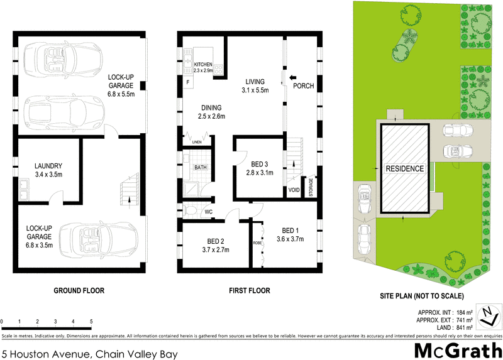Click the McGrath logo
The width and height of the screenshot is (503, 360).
457,350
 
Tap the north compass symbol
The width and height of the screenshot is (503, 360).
488,315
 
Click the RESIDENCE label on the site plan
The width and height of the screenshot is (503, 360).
405,169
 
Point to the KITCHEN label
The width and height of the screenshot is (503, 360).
204,65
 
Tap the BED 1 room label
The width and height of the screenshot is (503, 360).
292,229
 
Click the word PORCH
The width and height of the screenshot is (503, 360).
304,86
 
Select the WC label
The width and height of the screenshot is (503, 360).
209,212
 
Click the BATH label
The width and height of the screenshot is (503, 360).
200,168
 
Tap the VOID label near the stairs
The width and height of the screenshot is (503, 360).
294,190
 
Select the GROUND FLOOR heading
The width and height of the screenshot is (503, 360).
79,291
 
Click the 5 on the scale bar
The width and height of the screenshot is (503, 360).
92,321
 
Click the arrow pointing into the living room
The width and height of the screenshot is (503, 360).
292,79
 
